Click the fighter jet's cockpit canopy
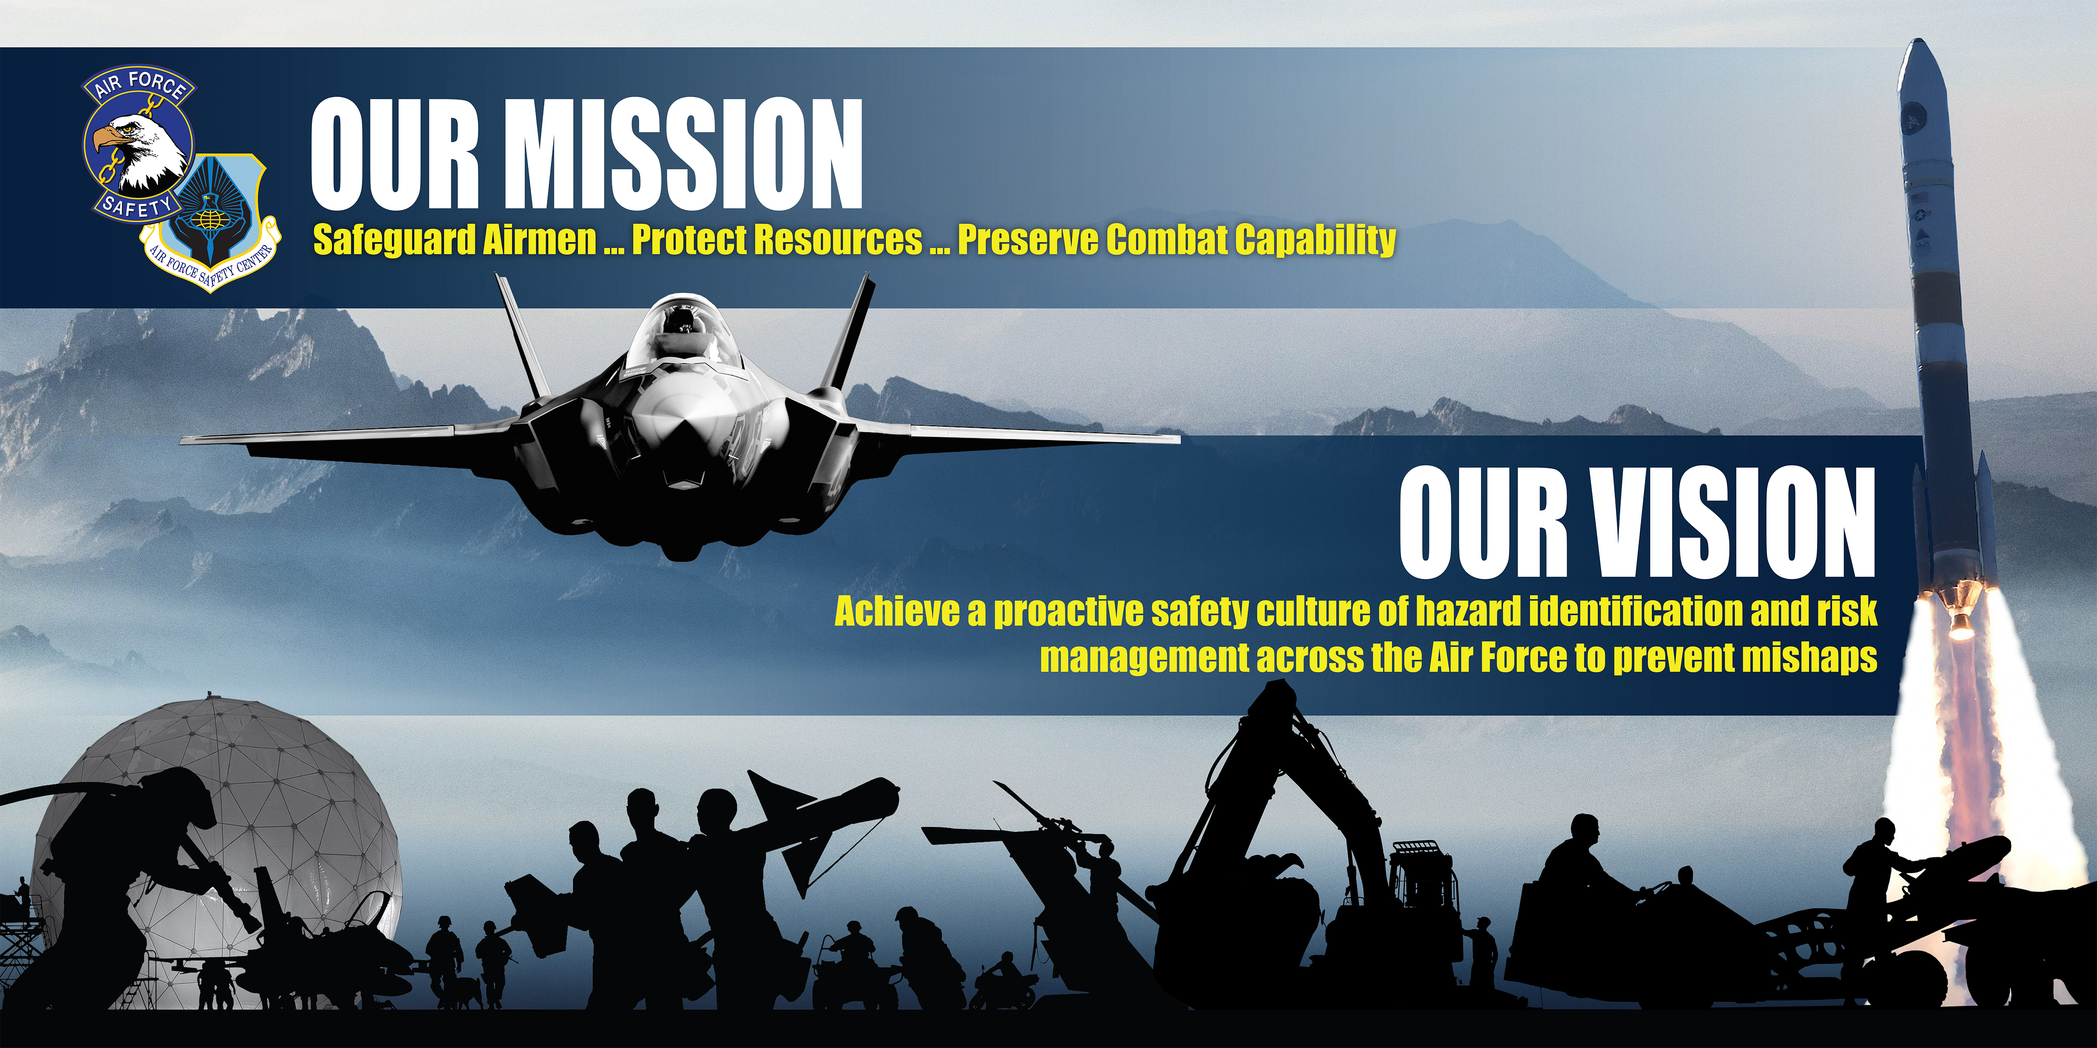tap(684, 330)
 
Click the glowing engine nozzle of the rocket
tap(1960, 610)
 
